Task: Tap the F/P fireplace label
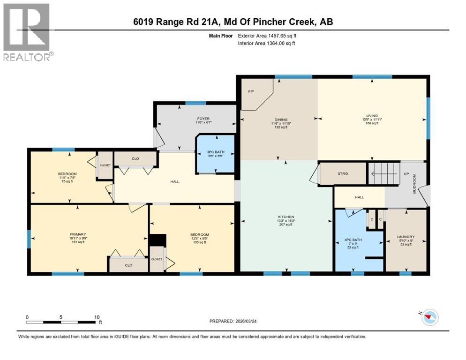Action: (251, 91)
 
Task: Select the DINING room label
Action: (281, 120)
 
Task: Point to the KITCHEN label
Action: (286, 217)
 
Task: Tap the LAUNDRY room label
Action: (406, 237)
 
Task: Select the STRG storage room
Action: (343, 174)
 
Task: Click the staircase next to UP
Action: (383, 173)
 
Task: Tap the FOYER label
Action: (203, 119)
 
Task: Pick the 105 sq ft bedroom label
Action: (199, 234)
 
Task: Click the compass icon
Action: (427, 318)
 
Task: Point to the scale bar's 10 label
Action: (97, 317)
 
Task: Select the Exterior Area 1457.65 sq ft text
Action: (267, 35)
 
